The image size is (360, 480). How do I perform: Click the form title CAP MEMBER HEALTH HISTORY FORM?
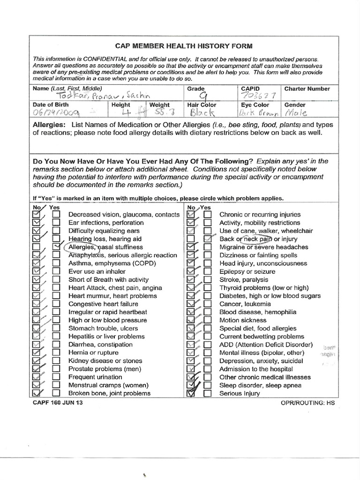[184, 46]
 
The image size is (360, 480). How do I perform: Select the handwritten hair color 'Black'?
[202, 113]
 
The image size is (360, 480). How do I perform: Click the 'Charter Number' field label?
[307, 89]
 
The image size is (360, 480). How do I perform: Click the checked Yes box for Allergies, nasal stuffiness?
[56, 247]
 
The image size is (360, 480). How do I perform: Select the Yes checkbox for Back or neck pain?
[208, 239]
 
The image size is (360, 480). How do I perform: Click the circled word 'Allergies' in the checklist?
[82, 247]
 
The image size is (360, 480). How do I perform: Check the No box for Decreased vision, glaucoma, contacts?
[36, 215]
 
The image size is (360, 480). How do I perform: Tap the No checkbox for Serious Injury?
[191, 393]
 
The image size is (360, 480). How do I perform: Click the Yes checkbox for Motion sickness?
[208, 320]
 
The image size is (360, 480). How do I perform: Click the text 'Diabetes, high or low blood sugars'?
[270, 296]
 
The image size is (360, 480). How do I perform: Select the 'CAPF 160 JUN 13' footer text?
[55, 403]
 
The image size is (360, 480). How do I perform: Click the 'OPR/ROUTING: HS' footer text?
[308, 403]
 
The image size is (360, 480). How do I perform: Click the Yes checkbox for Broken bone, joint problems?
[56, 393]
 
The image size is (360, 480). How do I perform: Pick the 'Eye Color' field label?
[255, 105]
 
